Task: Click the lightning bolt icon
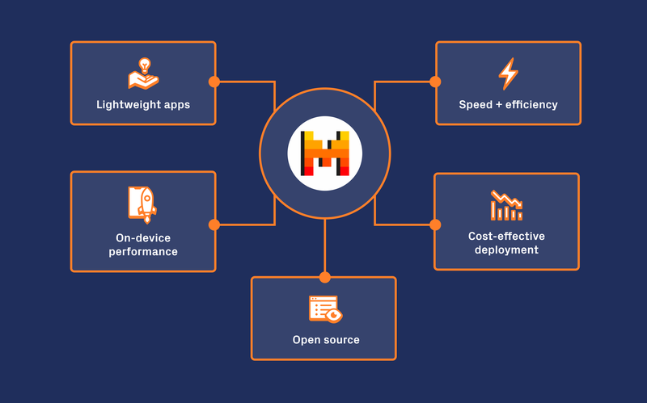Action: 508,73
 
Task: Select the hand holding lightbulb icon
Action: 142,73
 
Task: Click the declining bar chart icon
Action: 506,205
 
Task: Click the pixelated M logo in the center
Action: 325,153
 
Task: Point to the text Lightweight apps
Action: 143,105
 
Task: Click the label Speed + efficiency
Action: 508,105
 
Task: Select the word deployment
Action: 506,250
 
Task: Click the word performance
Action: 143,252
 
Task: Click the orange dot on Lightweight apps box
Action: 214,82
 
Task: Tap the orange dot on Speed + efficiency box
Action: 435,82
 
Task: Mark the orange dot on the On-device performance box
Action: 214,225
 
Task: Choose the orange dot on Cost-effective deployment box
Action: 435,225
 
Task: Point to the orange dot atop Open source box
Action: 325,277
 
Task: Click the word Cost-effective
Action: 506,237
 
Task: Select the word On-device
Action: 143,238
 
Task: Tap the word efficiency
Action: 531,105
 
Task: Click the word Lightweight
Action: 130,105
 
